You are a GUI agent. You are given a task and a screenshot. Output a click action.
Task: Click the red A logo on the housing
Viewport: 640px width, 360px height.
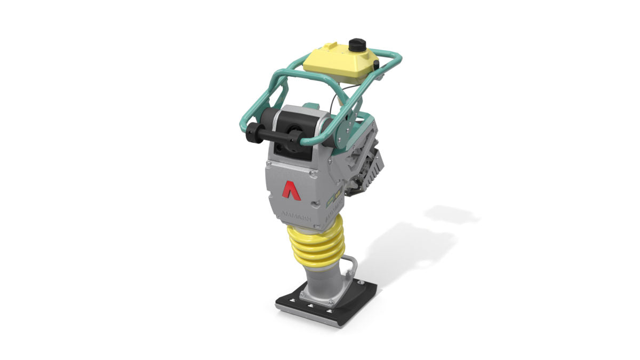(x=291, y=190)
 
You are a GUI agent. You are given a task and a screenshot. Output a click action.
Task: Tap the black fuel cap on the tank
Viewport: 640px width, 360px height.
(x=356, y=45)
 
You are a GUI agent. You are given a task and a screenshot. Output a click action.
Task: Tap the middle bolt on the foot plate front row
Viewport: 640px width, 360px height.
(x=311, y=306)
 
